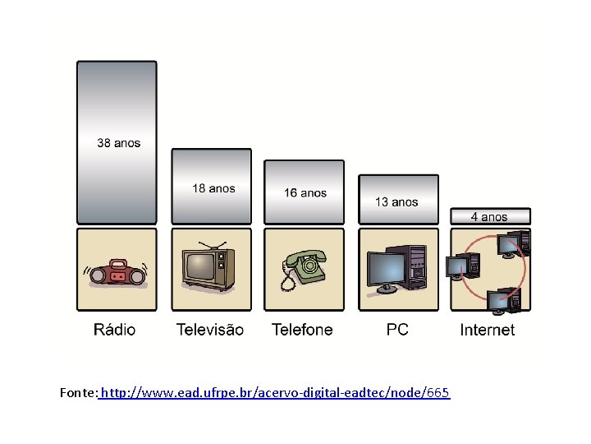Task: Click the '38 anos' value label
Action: (118, 143)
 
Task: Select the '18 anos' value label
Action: (213, 188)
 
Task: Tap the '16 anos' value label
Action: (305, 193)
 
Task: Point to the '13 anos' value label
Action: (396, 201)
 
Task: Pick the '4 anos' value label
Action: (489, 217)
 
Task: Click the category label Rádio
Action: (115, 330)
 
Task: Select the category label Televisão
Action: (210, 330)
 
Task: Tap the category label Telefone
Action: (302, 330)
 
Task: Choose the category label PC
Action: (397, 330)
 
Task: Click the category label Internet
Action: (488, 330)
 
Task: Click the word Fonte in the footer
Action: (78, 392)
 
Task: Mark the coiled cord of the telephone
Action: (286, 280)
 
